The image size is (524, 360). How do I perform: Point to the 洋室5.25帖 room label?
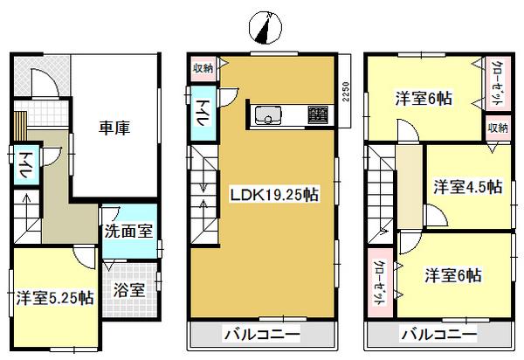[x=54, y=297]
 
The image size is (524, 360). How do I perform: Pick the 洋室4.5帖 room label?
[x=468, y=186]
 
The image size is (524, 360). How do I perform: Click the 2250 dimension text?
[x=346, y=92]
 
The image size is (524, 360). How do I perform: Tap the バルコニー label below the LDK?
[x=262, y=335]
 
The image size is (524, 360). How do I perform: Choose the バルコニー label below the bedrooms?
[x=439, y=335]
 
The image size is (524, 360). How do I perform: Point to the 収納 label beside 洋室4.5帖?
[x=498, y=128]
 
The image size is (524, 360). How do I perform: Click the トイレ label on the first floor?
[x=25, y=167]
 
